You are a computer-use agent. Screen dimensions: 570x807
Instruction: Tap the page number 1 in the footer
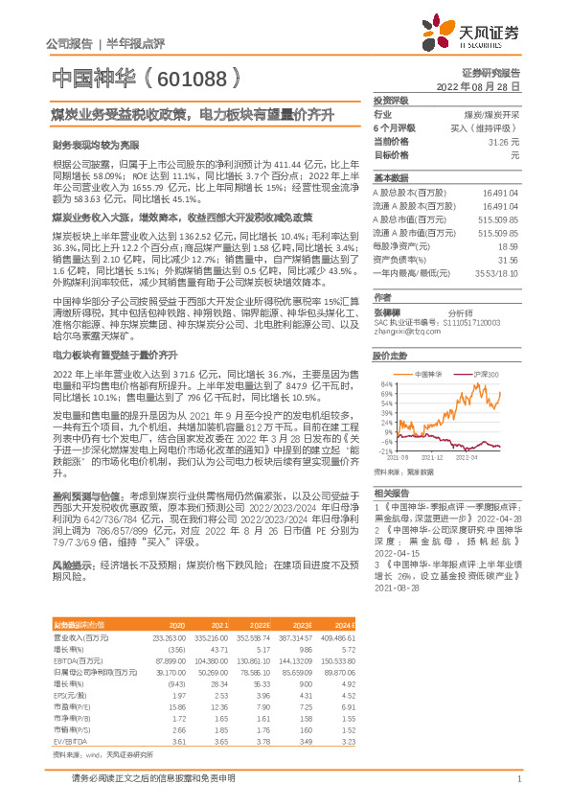[x=518, y=779]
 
